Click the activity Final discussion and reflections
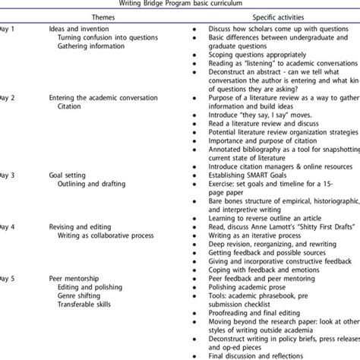tap(256, 355)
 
